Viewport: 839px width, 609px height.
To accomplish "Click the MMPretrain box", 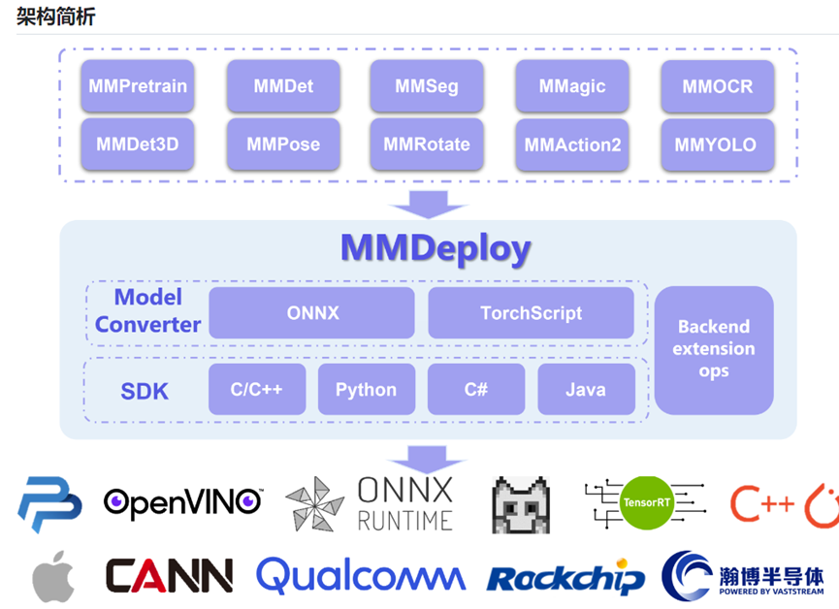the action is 138,85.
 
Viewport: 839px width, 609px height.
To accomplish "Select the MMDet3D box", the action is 138,144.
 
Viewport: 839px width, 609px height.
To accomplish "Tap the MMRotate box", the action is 427,144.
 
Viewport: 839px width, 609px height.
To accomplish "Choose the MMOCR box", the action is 718,86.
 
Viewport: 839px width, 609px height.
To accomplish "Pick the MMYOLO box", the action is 718,144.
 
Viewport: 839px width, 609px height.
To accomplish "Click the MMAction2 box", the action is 572,144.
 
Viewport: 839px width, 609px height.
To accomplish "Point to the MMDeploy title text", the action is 436,249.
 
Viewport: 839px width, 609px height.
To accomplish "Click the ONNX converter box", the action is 312,312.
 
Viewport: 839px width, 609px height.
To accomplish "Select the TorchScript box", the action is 531,312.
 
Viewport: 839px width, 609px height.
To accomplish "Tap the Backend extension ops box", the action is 714,350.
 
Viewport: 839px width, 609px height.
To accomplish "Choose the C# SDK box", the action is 476,389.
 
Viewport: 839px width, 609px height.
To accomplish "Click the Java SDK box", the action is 586,389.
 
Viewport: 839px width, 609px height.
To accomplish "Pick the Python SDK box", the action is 367,389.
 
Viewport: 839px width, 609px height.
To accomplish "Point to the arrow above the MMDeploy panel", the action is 428,205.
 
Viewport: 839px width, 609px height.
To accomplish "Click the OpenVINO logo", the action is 183,502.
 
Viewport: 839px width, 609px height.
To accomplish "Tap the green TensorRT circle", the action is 646,502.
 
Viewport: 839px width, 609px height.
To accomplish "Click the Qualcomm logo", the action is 361,575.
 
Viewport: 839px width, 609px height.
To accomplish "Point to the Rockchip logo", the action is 565,577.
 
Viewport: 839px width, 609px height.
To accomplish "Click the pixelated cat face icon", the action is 521,505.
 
